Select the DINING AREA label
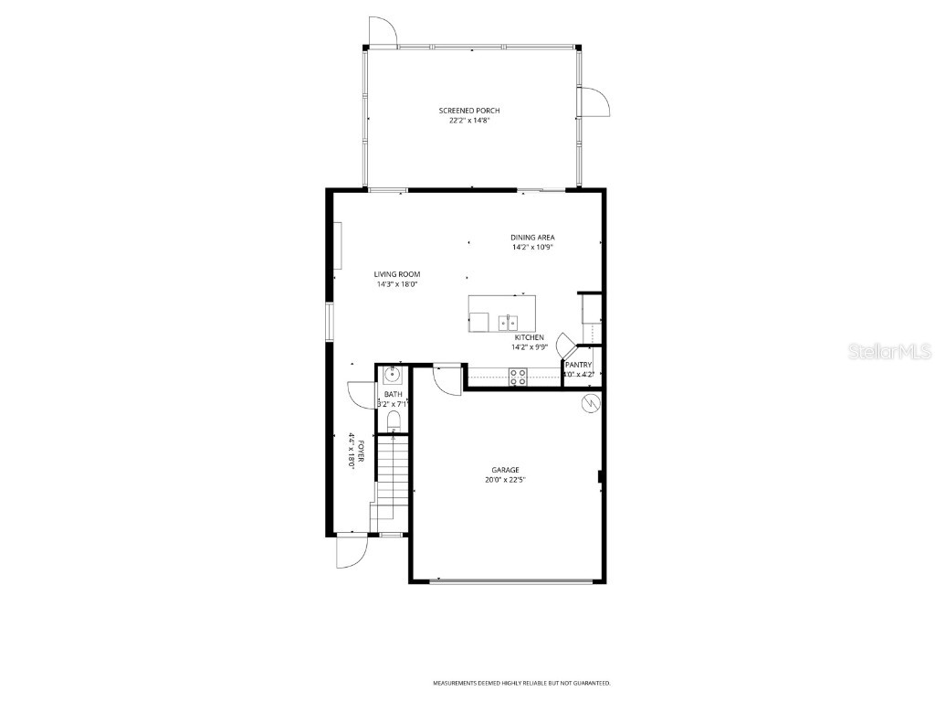coord(532,237)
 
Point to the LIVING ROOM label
coord(397,274)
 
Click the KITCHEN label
coord(529,337)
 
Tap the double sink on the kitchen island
coord(508,322)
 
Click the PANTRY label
coord(579,365)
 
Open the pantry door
coord(566,346)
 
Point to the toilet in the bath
coord(394,420)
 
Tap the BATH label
coord(393,394)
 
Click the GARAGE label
coord(505,470)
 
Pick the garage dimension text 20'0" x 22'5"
coord(505,480)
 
